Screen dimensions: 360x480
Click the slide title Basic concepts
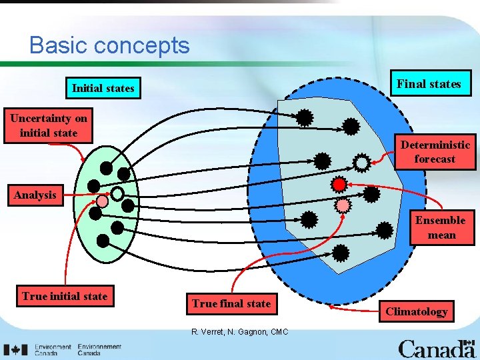pyautogui.click(x=109, y=45)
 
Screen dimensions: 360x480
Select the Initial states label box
pyautogui.click(x=103, y=88)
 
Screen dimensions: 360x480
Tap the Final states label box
pyautogui.click(x=429, y=84)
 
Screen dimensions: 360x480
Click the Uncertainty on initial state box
pyautogui.click(x=49, y=125)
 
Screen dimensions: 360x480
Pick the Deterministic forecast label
pyautogui.click(x=435, y=152)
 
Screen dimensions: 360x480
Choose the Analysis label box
pyautogui.click(x=35, y=195)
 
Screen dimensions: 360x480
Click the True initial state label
pyautogui.click(x=65, y=296)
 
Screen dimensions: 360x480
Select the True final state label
pyautogui.click(x=231, y=303)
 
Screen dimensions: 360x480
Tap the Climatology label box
pyautogui.click(x=417, y=311)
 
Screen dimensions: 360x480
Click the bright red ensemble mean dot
pyautogui.click(x=339, y=183)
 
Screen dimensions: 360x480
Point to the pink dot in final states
pyautogui.click(x=343, y=205)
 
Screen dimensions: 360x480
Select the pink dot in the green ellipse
pyautogui.click(x=102, y=201)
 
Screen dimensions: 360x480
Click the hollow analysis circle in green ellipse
pyautogui.click(x=117, y=194)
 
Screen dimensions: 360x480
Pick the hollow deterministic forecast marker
pyautogui.click(x=361, y=162)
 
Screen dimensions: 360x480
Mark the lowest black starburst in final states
pyautogui.click(x=341, y=253)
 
